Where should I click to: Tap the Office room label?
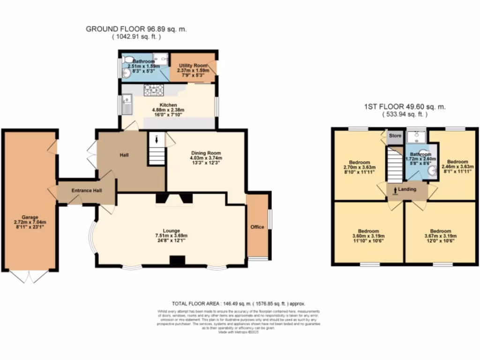click(257, 227)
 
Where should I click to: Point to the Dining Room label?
click(206, 153)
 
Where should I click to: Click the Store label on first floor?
click(396, 136)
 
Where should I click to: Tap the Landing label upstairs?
click(407, 189)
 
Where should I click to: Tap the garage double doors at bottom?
click(29, 277)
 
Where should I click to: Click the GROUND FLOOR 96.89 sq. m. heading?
click(136, 29)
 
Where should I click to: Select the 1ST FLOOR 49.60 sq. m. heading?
click(405, 107)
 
